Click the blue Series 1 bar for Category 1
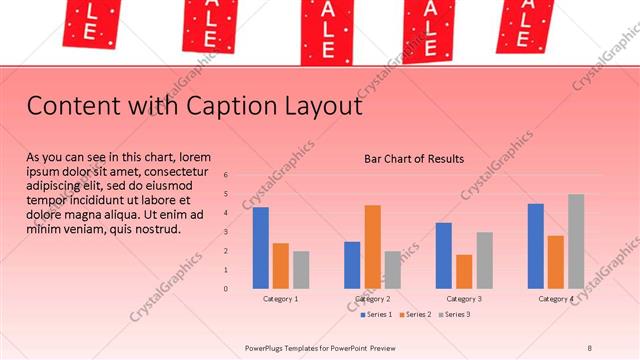tap(261, 248)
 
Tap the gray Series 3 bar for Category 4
tap(576, 241)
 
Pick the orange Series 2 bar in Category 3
tap(464, 272)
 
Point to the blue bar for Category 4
tap(536, 246)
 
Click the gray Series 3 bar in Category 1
tap(301, 270)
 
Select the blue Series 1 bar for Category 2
tap(352, 265)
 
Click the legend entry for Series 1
tap(376, 315)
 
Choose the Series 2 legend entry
tap(415, 315)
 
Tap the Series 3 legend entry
tap(454, 315)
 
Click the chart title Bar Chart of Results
tap(414, 159)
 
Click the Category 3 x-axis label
tap(464, 299)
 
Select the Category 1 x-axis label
tap(281, 299)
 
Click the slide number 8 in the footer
tap(590, 347)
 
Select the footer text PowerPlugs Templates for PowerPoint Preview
tap(320, 347)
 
